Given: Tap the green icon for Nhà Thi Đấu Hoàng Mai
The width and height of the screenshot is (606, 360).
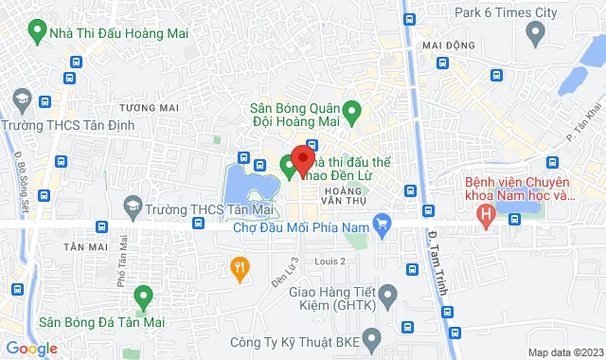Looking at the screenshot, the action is [37, 34].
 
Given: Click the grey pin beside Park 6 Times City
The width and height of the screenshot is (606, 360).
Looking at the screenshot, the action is [535, 35].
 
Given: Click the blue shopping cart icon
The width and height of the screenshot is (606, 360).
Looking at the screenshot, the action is [383, 225].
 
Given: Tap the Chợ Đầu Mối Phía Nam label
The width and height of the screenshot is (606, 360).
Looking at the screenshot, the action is [300, 225].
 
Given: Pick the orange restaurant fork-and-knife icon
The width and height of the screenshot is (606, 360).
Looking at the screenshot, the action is [241, 268].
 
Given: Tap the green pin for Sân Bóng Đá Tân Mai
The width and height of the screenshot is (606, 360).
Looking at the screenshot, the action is [143, 296].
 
